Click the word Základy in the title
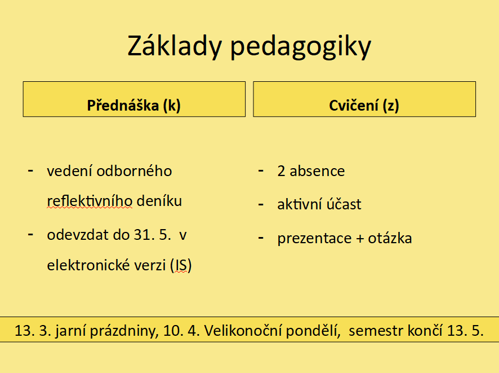[x=175, y=46]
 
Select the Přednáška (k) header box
[x=134, y=99]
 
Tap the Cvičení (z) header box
[x=364, y=99]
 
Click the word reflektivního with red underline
[x=90, y=201]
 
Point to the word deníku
[x=159, y=201]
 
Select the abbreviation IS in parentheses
[x=180, y=265]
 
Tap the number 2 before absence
[x=281, y=171]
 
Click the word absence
[x=317, y=171]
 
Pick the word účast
[x=344, y=204]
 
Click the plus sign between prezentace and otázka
[x=360, y=239]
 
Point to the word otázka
[x=390, y=238]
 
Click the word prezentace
[x=314, y=239]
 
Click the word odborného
[x=134, y=171]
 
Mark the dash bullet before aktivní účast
[x=261, y=204]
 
